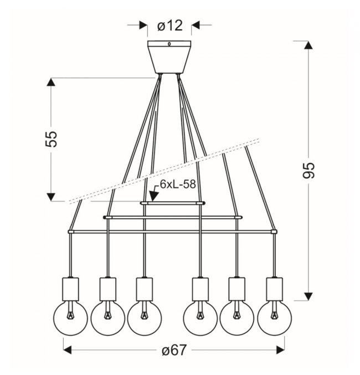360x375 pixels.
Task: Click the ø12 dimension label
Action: pyautogui.click(x=170, y=25)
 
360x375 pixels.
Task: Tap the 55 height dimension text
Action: pyautogui.click(x=51, y=139)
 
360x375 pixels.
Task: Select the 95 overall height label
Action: pyautogui.click(x=308, y=170)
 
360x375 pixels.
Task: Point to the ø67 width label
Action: pyautogui.click(x=174, y=351)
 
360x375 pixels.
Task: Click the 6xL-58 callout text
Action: pyautogui.click(x=178, y=184)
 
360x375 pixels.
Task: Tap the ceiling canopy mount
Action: pyautogui.click(x=169, y=57)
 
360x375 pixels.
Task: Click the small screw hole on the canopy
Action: pyautogui.click(x=169, y=44)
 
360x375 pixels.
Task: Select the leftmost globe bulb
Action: pyautogui.click(x=70, y=318)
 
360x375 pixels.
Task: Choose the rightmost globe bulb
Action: pyautogui.click(x=274, y=318)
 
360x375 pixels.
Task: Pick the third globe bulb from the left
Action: pyautogui.click(x=144, y=318)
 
